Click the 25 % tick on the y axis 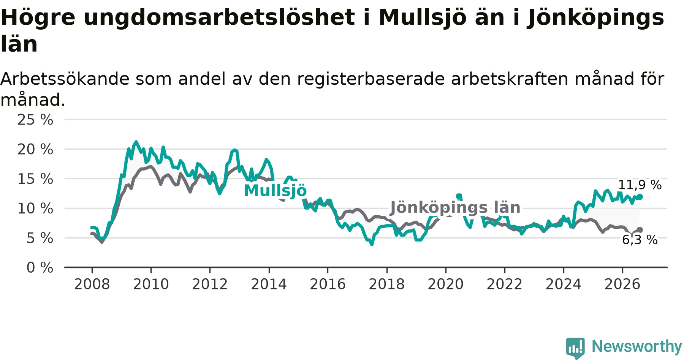point(35,120)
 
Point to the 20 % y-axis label point(35,149)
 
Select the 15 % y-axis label point(35,179)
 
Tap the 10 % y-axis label point(35,208)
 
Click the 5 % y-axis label point(40,238)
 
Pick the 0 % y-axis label point(40,268)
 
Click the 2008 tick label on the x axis point(92,284)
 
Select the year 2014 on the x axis point(269,284)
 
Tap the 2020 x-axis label point(446,284)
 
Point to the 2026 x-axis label point(622,284)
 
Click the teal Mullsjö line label point(275,191)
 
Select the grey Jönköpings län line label point(455,208)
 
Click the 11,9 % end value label point(640,185)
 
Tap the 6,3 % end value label point(640,240)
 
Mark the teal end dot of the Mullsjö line point(640,197)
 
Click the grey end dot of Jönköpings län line point(640,230)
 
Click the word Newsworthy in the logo point(637,346)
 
